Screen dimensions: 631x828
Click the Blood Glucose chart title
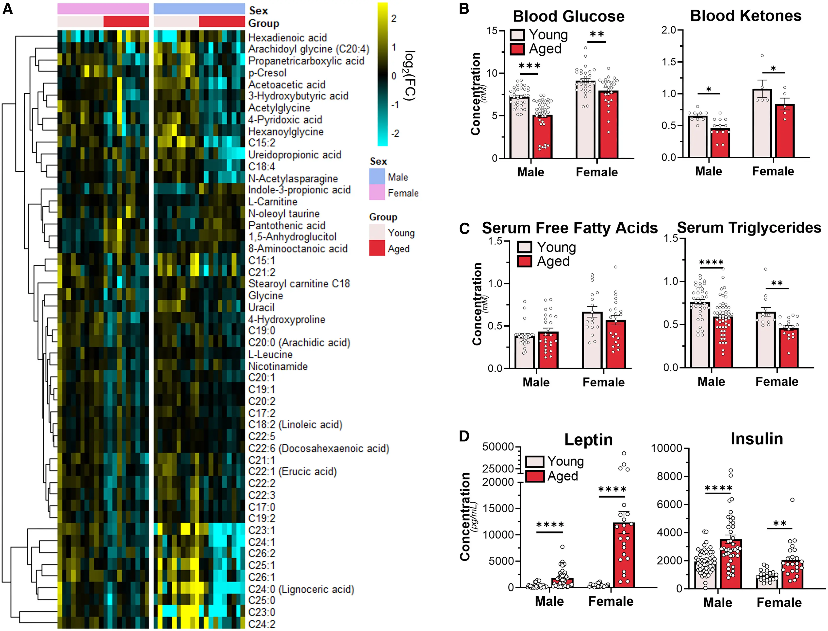[x=568, y=17]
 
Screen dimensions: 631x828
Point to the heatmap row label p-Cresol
[x=267, y=73]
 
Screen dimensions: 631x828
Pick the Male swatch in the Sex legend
[x=377, y=177]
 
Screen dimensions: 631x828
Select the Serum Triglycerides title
[x=749, y=228]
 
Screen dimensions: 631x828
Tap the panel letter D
[x=464, y=436]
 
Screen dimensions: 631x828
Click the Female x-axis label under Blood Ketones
[x=773, y=171]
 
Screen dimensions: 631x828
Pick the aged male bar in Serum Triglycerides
[x=723, y=342]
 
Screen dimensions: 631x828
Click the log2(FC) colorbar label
[x=410, y=75]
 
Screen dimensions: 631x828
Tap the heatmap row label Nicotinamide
[x=278, y=366]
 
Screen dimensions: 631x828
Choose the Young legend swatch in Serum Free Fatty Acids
[x=524, y=247]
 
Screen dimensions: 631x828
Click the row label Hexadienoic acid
[x=287, y=37]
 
